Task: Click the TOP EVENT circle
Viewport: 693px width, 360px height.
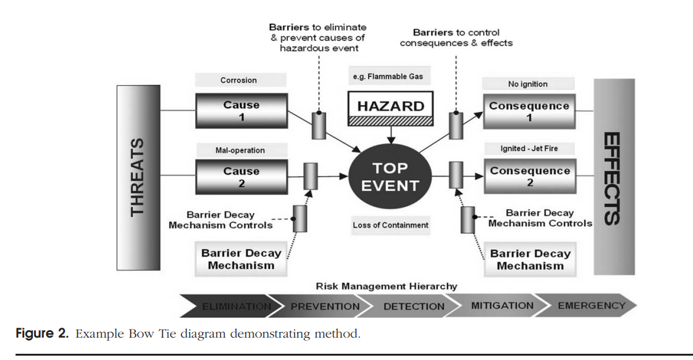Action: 391,177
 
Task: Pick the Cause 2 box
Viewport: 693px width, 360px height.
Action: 241,177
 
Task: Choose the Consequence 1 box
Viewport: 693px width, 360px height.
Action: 529,111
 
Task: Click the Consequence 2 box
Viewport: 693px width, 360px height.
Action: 530,177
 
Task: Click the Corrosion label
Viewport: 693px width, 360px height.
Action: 239,80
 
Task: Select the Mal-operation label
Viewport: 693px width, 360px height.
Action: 241,150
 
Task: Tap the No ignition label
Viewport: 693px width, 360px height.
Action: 528,84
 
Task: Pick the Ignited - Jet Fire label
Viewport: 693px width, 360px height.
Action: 528,149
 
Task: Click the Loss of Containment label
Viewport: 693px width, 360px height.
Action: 390,225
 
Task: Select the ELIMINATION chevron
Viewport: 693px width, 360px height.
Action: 233,306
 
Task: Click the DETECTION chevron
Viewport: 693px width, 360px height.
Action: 413,306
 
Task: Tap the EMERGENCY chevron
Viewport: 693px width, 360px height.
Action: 590,305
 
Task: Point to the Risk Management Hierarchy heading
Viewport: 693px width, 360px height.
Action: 386,287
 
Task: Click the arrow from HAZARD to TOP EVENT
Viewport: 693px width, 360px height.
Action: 390,132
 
